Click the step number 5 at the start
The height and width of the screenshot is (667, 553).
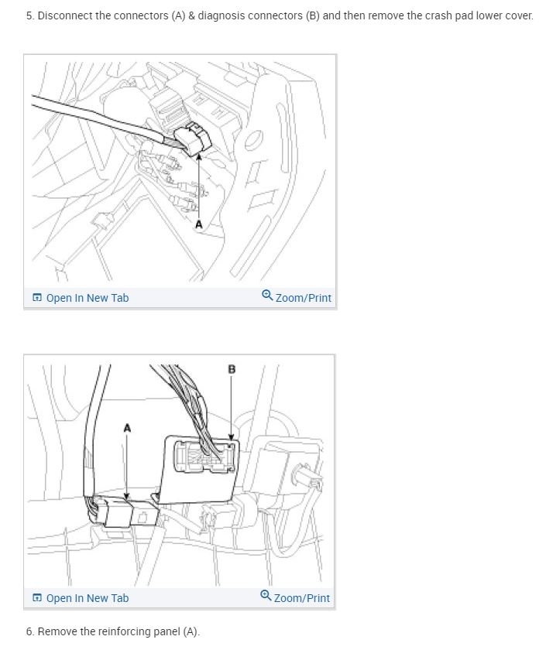tap(29, 15)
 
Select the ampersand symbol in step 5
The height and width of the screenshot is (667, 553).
tap(191, 15)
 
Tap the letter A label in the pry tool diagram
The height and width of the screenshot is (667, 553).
tap(199, 224)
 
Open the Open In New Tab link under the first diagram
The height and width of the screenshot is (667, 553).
tap(87, 298)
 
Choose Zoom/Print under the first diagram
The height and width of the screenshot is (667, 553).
tap(303, 298)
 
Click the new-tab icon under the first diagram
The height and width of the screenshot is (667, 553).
tap(36, 298)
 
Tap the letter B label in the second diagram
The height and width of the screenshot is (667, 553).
tap(232, 369)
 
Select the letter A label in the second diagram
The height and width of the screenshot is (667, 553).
tap(127, 427)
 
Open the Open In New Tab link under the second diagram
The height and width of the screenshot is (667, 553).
tap(87, 598)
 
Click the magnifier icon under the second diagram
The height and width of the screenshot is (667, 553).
tap(266, 597)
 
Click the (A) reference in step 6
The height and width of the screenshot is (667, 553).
tap(191, 632)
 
